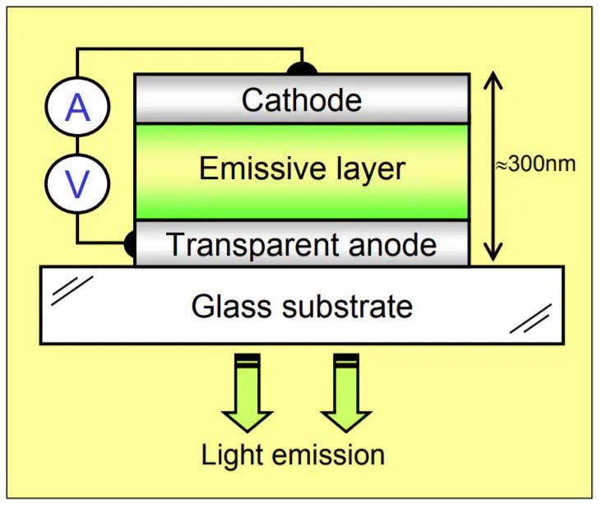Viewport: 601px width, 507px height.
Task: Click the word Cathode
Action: coord(302,100)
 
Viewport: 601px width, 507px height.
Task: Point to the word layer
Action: coord(371,170)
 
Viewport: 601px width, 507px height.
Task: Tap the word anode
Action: coord(393,245)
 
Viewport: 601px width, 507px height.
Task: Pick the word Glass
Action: coord(232,306)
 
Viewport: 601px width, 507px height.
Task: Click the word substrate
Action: coord(348,306)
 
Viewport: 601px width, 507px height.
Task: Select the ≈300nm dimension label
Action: coord(535,164)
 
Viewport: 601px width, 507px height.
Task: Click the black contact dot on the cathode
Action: coord(302,68)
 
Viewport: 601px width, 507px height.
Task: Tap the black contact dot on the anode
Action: coord(131,243)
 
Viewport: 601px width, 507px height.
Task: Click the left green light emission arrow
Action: coord(247,393)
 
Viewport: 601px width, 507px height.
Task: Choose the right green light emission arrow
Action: coord(346,393)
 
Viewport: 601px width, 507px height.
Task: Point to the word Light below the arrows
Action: coord(232,455)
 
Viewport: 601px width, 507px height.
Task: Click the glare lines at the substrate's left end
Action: coord(72,291)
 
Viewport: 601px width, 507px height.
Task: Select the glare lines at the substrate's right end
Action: coord(531,319)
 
